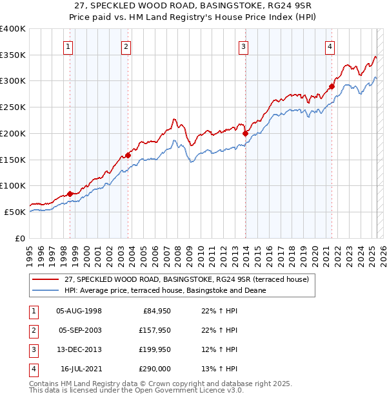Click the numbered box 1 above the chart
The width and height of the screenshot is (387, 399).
68,46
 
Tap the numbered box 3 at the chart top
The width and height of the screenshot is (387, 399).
243,46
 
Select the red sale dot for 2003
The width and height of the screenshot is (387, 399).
128,155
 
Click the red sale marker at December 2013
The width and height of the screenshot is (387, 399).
245,134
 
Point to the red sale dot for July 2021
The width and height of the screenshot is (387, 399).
332,86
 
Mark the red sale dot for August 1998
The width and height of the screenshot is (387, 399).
70,194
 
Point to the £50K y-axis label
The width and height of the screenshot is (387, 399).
15,212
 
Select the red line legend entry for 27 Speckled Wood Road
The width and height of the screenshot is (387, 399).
187,280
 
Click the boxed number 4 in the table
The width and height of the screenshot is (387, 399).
33,369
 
